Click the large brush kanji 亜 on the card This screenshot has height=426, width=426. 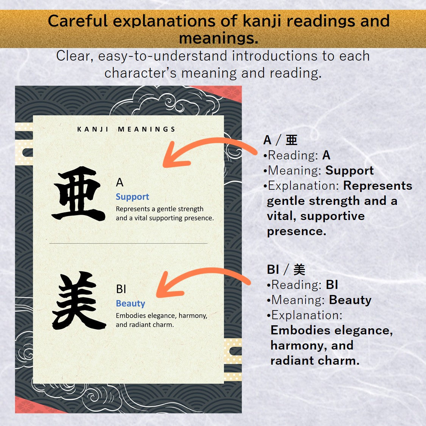[79, 194]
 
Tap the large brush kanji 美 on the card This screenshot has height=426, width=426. [79, 301]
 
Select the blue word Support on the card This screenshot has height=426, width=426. [132, 197]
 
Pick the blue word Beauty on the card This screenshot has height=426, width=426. [130, 304]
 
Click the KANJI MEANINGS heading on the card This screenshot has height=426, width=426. [126, 130]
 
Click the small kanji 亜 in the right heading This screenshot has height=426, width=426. [292, 140]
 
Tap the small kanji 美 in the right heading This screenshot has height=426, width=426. [299, 270]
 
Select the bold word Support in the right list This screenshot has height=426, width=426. [350, 171]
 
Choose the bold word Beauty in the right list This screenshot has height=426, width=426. [350, 300]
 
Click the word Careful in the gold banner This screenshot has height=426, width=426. [78, 21]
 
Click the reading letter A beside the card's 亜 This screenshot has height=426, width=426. [120, 183]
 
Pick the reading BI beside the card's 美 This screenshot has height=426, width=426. [121, 289]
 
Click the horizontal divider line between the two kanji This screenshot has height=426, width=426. [128, 243]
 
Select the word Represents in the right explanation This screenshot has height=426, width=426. [378, 186]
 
